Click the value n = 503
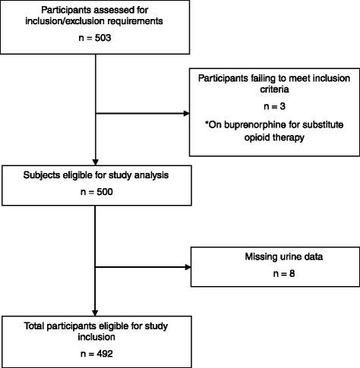click(93, 39)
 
